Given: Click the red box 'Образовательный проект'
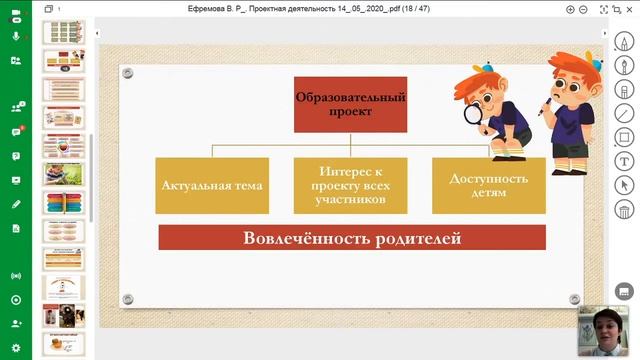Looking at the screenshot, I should tap(336, 104).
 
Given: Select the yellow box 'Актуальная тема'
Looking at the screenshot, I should tap(212, 186).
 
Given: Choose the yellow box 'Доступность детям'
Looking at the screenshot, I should tap(488, 186).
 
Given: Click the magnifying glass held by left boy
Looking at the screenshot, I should tap(470, 112).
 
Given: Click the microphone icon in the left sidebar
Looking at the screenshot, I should tap(16, 35).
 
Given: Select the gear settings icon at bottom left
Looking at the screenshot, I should tap(16, 300).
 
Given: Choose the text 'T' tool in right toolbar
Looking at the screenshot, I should tap(625, 161).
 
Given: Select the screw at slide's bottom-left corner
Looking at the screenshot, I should tap(127, 299).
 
